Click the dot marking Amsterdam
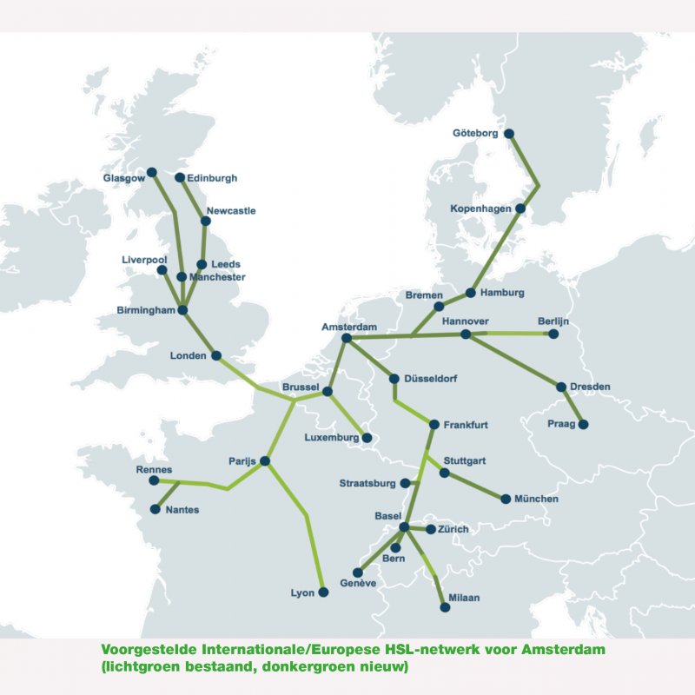pyautogui.click(x=347, y=338)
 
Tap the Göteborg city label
pyautogui.click(x=477, y=134)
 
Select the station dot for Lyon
pyautogui.click(x=323, y=592)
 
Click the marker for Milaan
pyautogui.click(x=446, y=608)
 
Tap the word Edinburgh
pyautogui.click(x=212, y=178)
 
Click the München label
pyautogui.click(x=536, y=500)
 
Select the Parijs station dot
pyautogui.click(x=265, y=461)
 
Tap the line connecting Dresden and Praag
pyautogui.click(x=573, y=406)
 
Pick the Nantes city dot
pyautogui.click(x=156, y=509)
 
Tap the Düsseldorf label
pyautogui.click(x=431, y=380)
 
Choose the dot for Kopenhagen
pyautogui.click(x=520, y=209)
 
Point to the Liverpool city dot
pyautogui.click(x=162, y=270)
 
